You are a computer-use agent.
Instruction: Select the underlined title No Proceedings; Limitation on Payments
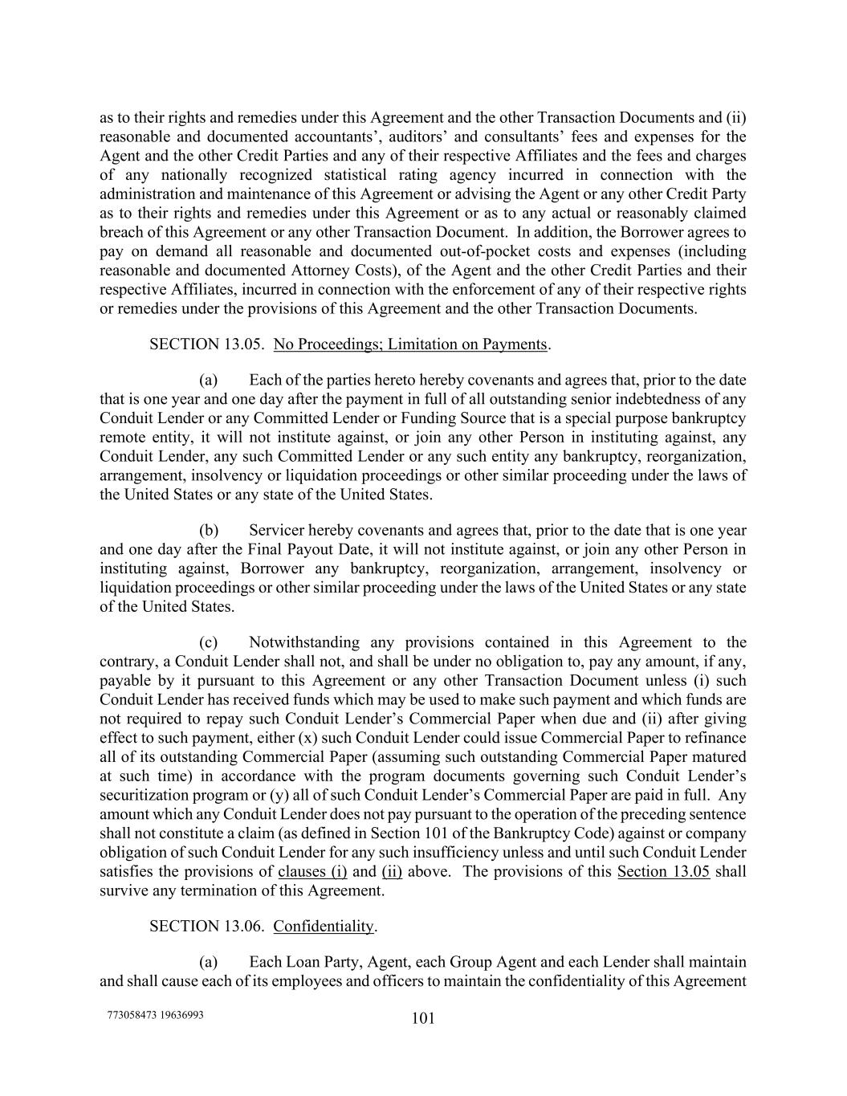click(x=410, y=344)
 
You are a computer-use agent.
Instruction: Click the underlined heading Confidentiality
click(x=324, y=926)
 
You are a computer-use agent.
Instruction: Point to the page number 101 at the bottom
click(x=423, y=1019)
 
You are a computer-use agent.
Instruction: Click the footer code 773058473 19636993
click(x=155, y=1015)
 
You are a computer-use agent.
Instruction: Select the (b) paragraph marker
click(x=209, y=531)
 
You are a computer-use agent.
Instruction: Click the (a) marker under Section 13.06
click(x=209, y=962)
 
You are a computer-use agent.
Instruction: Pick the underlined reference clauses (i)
click(x=312, y=872)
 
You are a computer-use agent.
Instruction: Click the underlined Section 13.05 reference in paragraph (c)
click(x=663, y=872)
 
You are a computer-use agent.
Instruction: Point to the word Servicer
click(x=276, y=531)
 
